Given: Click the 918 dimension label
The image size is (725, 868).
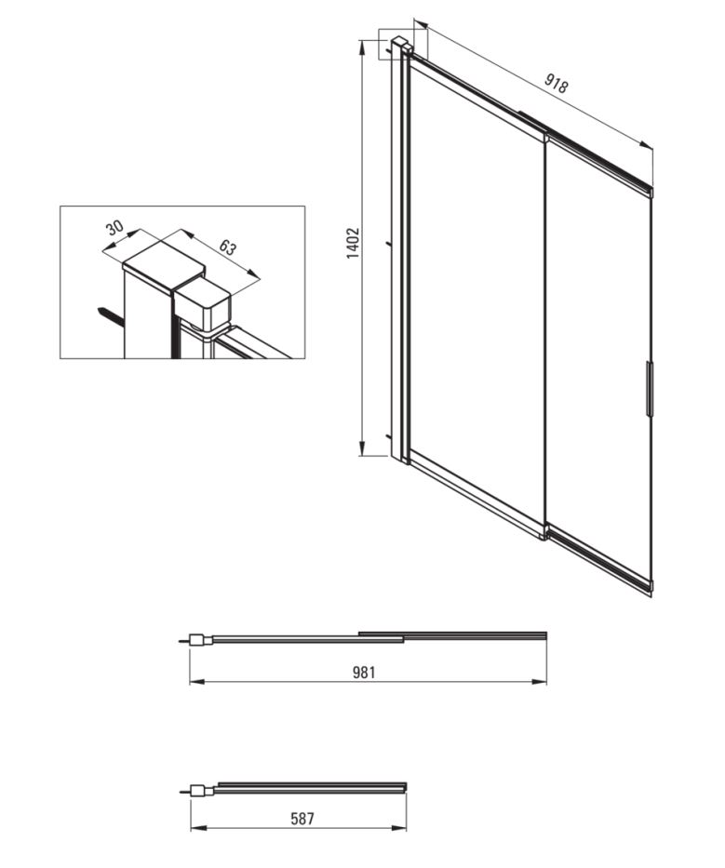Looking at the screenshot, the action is pyautogui.click(x=556, y=83).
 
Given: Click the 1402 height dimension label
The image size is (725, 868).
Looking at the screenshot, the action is pyautogui.click(x=353, y=243).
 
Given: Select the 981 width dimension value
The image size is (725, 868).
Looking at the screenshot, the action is pyautogui.click(x=364, y=672).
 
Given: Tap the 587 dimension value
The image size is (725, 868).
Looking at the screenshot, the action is pyautogui.click(x=302, y=818).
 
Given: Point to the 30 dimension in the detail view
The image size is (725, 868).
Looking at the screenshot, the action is pyautogui.click(x=114, y=227).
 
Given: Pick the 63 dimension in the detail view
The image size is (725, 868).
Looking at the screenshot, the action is pyautogui.click(x=228, y=247).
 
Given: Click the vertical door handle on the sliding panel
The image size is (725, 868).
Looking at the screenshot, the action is pyautogui.click(x=650, y=389).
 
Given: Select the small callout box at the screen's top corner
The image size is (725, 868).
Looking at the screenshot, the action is pyautogui.click(x=403, y=44).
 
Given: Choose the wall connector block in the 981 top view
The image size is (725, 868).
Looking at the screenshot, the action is pyautogui.click(x=200, y=640).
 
